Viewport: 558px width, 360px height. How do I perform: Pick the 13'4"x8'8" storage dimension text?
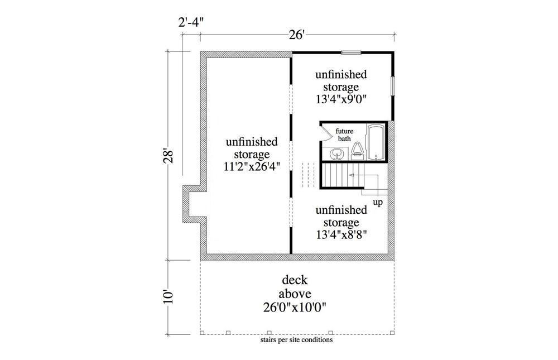[341, 234]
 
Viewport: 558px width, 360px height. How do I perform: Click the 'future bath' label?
[344, 135]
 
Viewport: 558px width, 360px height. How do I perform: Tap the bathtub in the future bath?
[375, 143]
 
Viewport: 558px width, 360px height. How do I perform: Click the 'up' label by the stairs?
[378, 202]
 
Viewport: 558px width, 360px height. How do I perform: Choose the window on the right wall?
[393, 87]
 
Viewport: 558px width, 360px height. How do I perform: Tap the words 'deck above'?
[296, 286]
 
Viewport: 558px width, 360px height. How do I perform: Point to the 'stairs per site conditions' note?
[296, 339]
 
